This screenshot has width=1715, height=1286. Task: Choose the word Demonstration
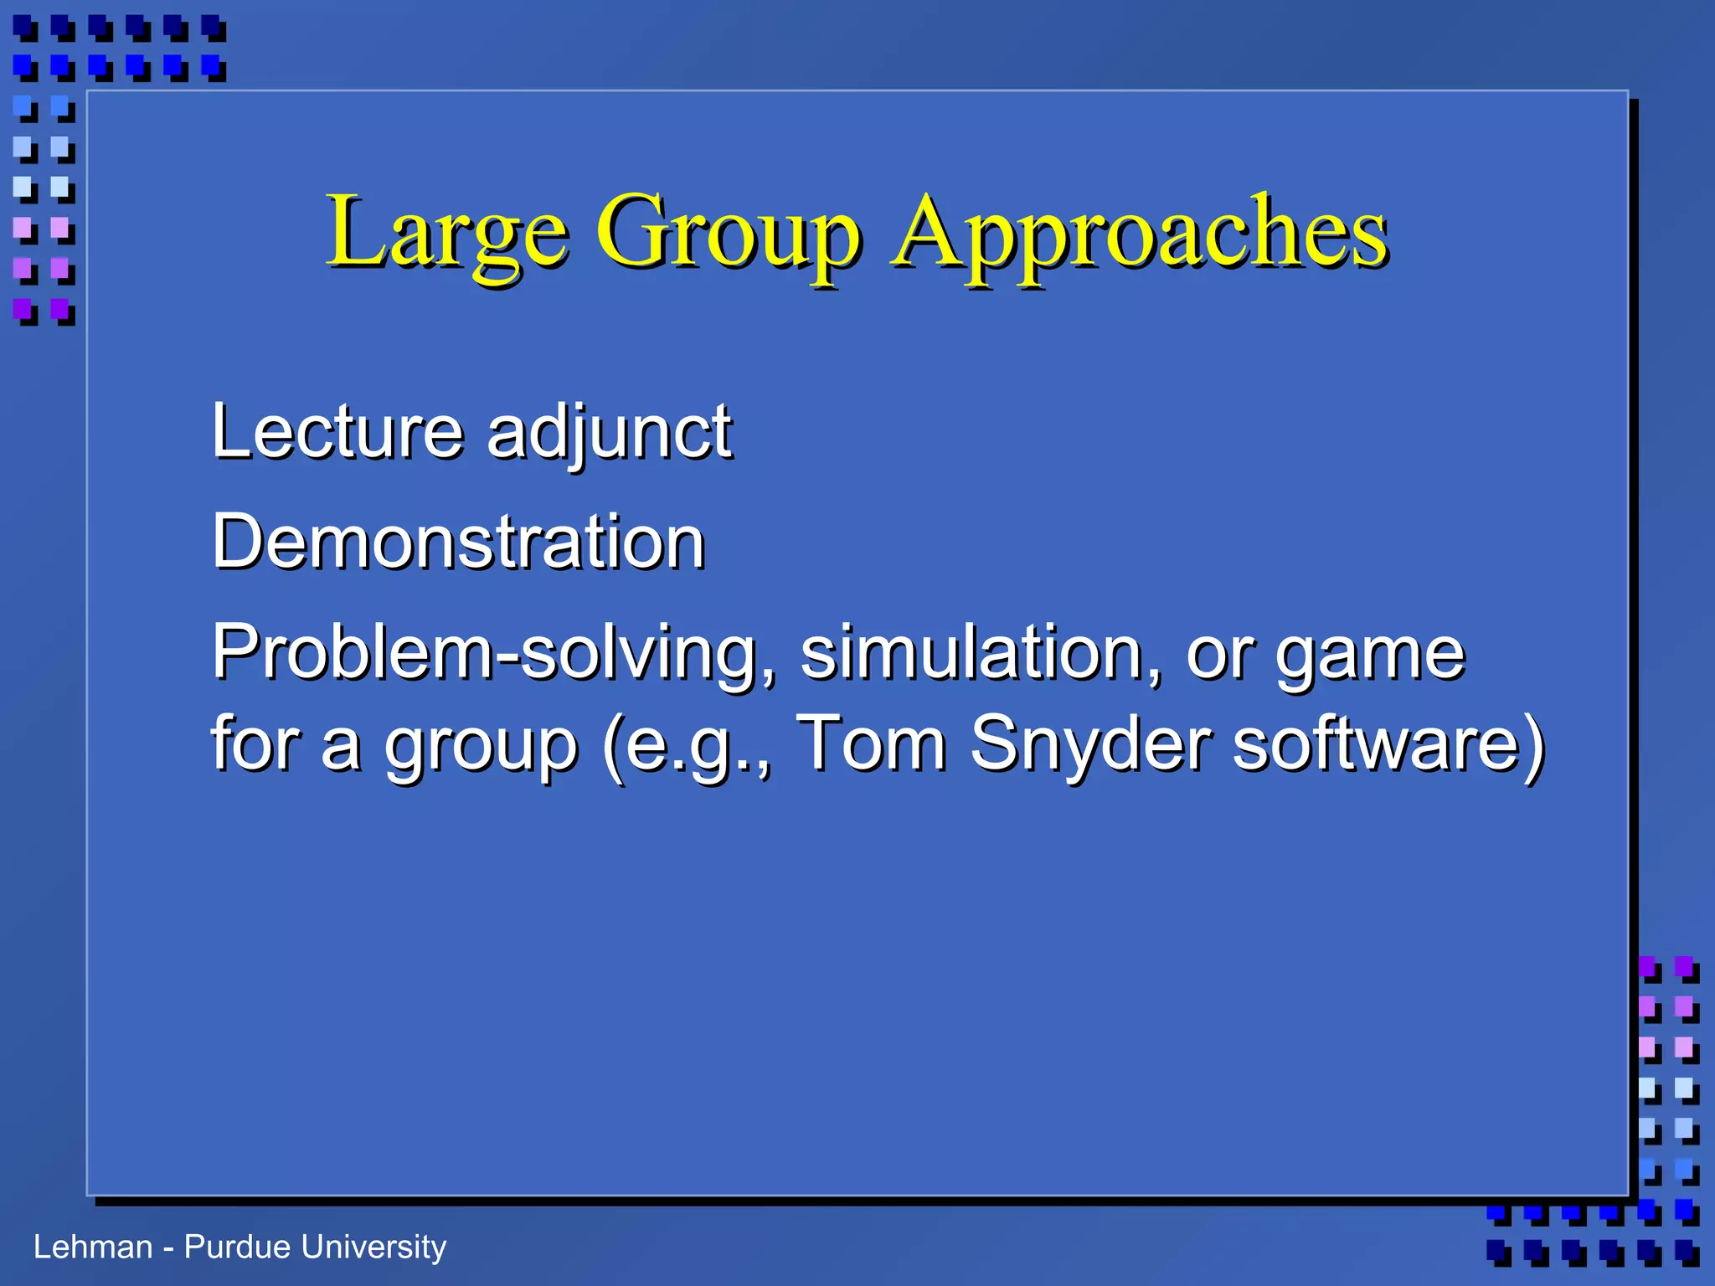[458, 543]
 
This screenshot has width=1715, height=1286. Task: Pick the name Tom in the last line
[871, 742]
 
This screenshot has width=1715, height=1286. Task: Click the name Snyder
[1090, 743]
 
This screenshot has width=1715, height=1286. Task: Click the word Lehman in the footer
[93, 1247]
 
